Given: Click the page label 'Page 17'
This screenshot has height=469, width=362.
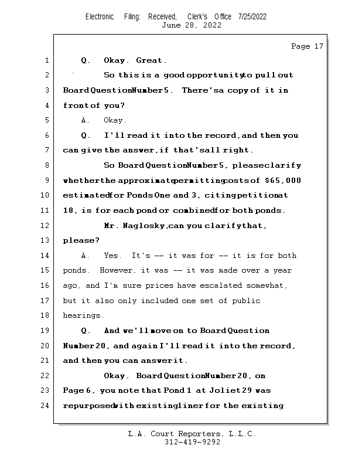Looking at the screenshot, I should click(307, 46).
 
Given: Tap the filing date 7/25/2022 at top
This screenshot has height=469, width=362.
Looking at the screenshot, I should click(252, 16).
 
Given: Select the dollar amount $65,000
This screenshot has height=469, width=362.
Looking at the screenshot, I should click(283, 181).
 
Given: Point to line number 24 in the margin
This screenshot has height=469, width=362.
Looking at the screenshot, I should click(46, 406).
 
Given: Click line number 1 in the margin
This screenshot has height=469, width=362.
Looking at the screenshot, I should click(46, 60).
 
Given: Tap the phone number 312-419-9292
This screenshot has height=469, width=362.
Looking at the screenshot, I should click(192, 443).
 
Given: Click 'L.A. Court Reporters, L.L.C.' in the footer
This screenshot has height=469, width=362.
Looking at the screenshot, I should click(192, 434).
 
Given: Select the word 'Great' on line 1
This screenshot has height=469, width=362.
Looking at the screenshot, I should click(151, 60).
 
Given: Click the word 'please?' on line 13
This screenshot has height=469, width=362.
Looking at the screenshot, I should click(81, 240).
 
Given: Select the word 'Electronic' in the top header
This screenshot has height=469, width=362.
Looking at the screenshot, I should click(100, 16).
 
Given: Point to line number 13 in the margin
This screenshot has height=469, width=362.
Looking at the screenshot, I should click(46, 240).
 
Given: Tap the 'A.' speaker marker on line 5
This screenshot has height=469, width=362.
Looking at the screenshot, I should click(86, 120).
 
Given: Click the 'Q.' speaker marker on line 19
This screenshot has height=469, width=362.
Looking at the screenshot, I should click(86, 331).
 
